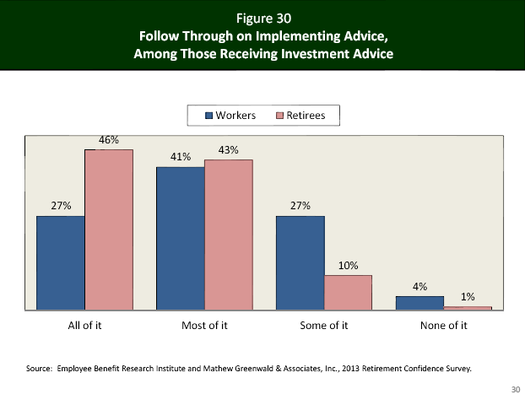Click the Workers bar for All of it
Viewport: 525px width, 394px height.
[60, 262]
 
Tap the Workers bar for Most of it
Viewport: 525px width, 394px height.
[180, 238]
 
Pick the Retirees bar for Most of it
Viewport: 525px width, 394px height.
[229, 235]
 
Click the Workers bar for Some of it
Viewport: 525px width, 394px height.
[300, 262]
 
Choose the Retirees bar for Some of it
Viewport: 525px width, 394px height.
[349, 293]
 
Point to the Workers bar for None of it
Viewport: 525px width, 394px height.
[420, 302]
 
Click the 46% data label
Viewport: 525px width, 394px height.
[109, 139]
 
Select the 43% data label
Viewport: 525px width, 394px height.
[229, 149]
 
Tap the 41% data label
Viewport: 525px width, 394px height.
[180, 156]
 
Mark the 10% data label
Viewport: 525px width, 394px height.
[349, 266]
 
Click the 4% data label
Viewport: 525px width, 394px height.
[420, 286]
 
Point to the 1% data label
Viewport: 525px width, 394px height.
[468, 297]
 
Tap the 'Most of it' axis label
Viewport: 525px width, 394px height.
[205, 327]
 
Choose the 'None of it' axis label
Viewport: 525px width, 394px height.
[444, 327]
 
